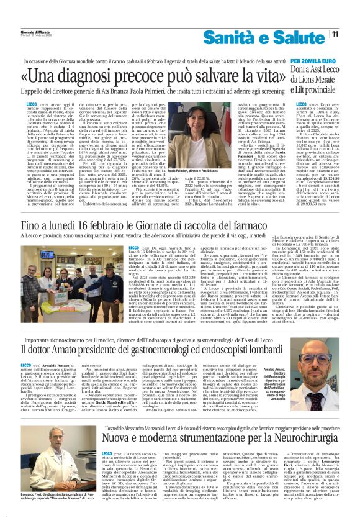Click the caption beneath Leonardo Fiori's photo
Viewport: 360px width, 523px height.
[x=49, y=501]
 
